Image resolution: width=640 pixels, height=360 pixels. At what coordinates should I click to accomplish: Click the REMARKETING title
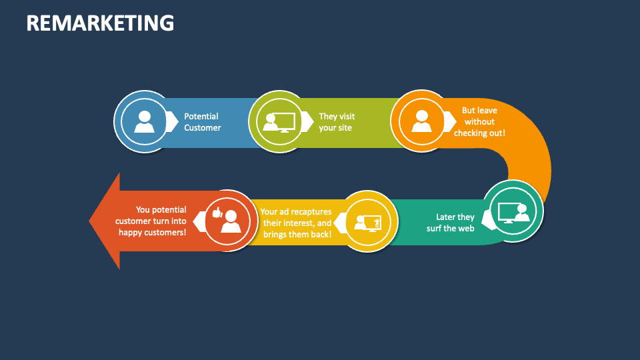coord(100,23)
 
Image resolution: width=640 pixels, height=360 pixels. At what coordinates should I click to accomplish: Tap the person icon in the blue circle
coord(144,121)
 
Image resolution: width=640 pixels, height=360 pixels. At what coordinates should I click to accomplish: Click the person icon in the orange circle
coord(421,121)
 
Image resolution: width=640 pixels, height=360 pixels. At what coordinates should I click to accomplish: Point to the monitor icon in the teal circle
coord(513,212)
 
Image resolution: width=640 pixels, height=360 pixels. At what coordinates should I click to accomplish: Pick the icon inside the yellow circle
coord(369,221)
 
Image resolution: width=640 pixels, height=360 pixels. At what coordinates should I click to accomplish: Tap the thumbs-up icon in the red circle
coord(216,213)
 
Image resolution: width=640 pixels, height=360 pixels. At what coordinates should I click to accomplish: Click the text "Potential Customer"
coord(202,122)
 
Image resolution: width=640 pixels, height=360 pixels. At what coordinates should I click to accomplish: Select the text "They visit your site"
coord(336,122)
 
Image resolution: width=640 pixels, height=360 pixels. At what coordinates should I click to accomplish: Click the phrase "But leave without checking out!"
coord(479,121)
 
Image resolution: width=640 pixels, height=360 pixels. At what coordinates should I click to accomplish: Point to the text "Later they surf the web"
coord(451,222)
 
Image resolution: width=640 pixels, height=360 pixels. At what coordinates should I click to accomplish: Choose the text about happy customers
coord(152,221)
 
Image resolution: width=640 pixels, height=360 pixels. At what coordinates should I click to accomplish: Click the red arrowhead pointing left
coord(105,221)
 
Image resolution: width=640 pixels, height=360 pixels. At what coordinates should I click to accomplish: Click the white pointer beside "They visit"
coord(307,121)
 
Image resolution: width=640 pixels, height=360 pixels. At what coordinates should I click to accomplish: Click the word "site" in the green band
coord(345,127)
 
